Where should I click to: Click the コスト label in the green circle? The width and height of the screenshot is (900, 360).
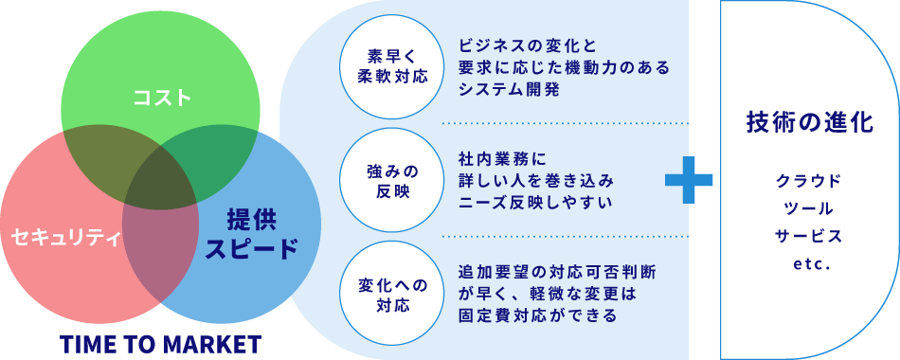(x=162, y=97)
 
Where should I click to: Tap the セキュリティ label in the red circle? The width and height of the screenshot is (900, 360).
(x=65, y=237)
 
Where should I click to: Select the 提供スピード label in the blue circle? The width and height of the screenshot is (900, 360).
(x=251, y=235)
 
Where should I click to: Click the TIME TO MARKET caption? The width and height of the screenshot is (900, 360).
(x=160, y=343)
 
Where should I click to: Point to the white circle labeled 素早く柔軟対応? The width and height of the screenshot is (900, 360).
(x=385, y=65)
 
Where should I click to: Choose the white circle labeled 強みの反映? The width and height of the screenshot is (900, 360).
(x=385, y=180)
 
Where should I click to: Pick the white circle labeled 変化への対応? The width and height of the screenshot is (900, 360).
(x=385, y=295)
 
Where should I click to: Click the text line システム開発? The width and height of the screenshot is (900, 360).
(x=509, y=91)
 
